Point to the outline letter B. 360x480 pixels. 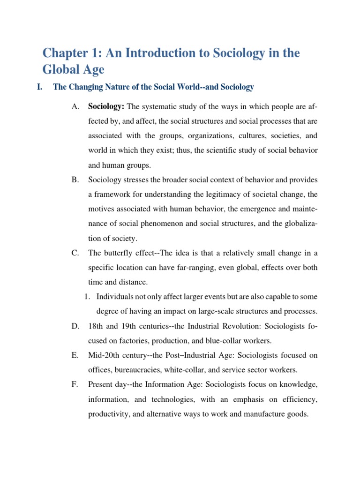[x=75, y=180]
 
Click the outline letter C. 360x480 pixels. [x=75, y=254]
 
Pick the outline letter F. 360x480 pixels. [x=75, y=385]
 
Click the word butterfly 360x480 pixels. [x=120, y=254]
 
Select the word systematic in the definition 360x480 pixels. [x=159, y=107]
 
